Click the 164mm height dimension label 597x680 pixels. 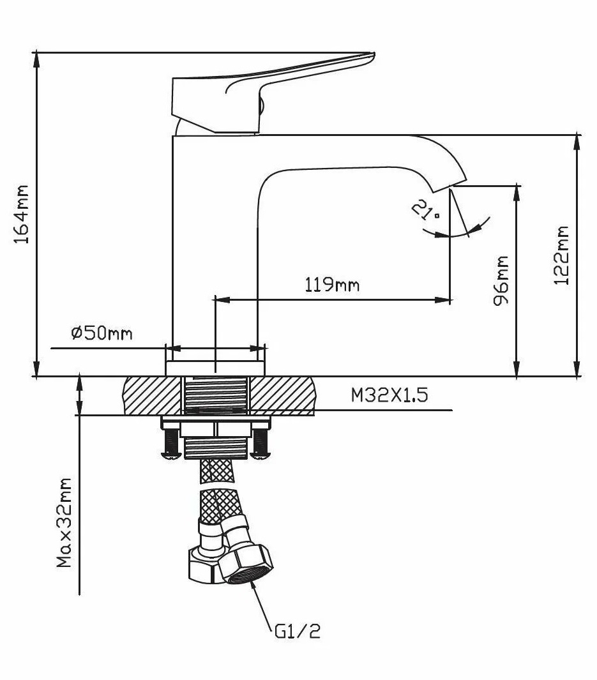[21, 215]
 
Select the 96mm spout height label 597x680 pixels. [502, 280]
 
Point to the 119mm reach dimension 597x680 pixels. [331, 285]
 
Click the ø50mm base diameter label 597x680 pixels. [102, 333]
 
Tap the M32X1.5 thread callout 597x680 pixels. [389, 395]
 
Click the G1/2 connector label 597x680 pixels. [297, 631]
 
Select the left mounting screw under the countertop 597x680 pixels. [169, 444]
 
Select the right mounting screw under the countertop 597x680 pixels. [259, 444]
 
